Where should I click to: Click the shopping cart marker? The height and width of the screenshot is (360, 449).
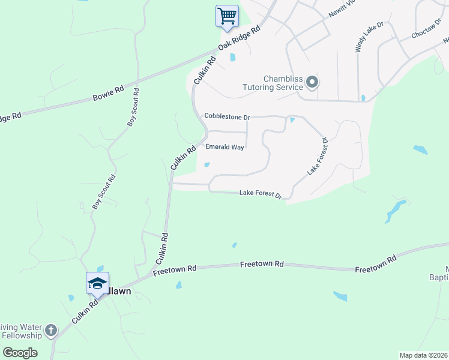click(227, 16)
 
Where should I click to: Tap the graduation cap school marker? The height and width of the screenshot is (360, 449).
click(97, 283)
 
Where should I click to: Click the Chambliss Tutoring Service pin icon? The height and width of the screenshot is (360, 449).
click(312, 82)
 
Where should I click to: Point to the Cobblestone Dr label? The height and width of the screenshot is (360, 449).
click(227, 116)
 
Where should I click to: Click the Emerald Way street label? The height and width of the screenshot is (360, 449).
click(224, 147)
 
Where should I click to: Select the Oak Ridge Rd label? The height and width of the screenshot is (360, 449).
click(239, 38)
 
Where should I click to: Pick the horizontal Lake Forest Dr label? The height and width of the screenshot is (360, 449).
click(261, 193)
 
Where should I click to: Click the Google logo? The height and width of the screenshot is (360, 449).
click(20, 353)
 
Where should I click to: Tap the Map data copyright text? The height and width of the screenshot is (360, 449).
click(423, 355)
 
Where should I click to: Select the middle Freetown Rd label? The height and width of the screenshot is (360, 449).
click(262, 264)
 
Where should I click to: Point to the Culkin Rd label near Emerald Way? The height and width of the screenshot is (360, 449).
click(184, 158)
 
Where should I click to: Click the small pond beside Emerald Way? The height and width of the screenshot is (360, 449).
click(207, 164)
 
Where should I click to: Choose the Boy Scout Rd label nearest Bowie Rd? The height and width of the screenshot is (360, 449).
click(133, 107)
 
